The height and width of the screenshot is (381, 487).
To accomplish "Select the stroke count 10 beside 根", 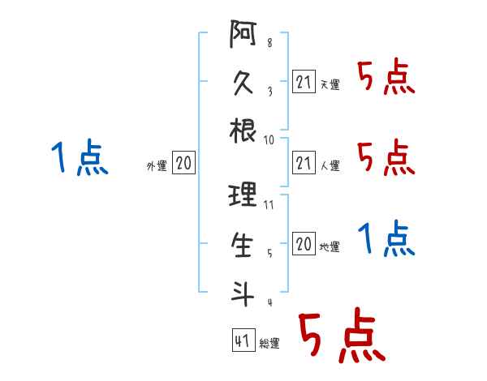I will click(269, 139).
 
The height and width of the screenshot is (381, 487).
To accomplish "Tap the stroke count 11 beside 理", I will click(269, 205).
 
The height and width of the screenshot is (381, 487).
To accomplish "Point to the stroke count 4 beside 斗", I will click(269, 302).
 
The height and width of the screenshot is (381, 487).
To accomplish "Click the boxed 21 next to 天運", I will click(303, 81).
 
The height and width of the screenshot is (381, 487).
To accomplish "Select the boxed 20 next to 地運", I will click(303, 243).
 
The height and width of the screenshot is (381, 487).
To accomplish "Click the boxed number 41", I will click(242, 340).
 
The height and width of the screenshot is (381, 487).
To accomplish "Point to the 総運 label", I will click(270, 344).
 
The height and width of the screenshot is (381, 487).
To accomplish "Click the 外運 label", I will click(156, 166).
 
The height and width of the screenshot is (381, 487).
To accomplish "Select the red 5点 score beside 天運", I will click(386, 79).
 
